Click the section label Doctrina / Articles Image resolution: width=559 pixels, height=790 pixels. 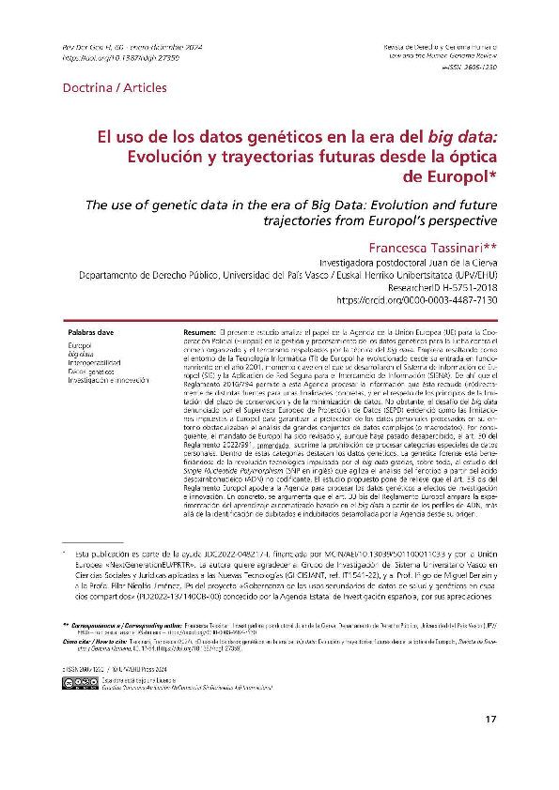[114, 88]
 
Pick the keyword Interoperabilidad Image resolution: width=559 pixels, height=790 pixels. [95, 361]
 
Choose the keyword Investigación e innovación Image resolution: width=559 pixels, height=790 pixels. [109, 379]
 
